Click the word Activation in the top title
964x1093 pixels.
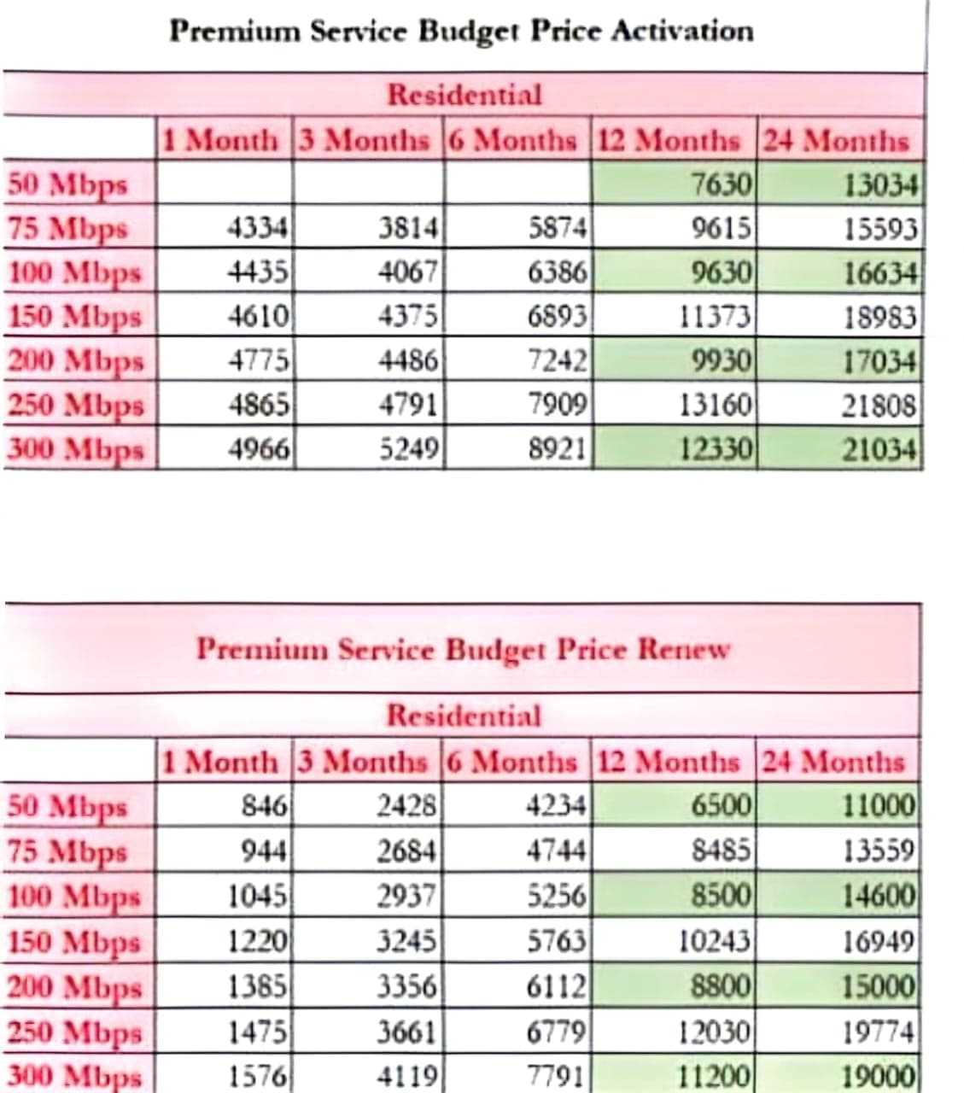(682, 32)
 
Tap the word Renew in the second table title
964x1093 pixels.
(684, 649)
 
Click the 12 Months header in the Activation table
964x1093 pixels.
(668, 140)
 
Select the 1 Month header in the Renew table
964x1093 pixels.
(221, 761)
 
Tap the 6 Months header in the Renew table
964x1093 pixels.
(511, 761)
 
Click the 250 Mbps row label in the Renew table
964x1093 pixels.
(74, 1032)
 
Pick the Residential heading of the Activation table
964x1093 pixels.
(464, 94)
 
